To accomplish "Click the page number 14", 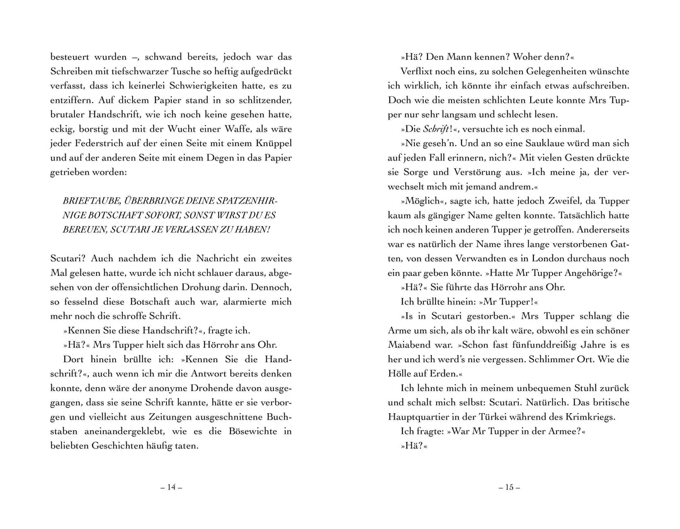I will [171, 487].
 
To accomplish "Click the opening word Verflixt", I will [421, 70].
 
